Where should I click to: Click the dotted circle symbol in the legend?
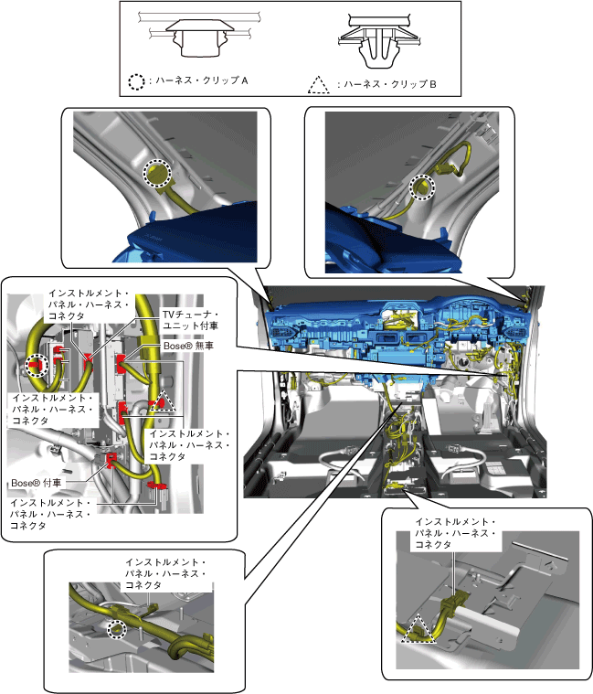pos(136,82)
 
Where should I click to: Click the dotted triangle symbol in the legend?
pos(318,85)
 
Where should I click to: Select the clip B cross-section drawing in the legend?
pos(378,41)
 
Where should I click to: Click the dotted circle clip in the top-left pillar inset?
pos(157,173)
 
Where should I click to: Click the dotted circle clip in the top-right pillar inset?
pos(422,187)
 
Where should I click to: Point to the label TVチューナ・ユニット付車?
pos(190,320)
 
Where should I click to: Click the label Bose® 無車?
pos(188,346)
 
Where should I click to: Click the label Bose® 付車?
pos(37,483)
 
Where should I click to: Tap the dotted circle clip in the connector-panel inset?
pos(37,366)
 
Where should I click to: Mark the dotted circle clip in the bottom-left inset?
pos(118,629)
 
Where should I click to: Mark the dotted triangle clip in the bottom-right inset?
pos(418,628)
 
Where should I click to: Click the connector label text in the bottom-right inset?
pos(455,533)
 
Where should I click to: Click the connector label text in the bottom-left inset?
pos(165,573)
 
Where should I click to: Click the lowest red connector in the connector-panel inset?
pos(157,486)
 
